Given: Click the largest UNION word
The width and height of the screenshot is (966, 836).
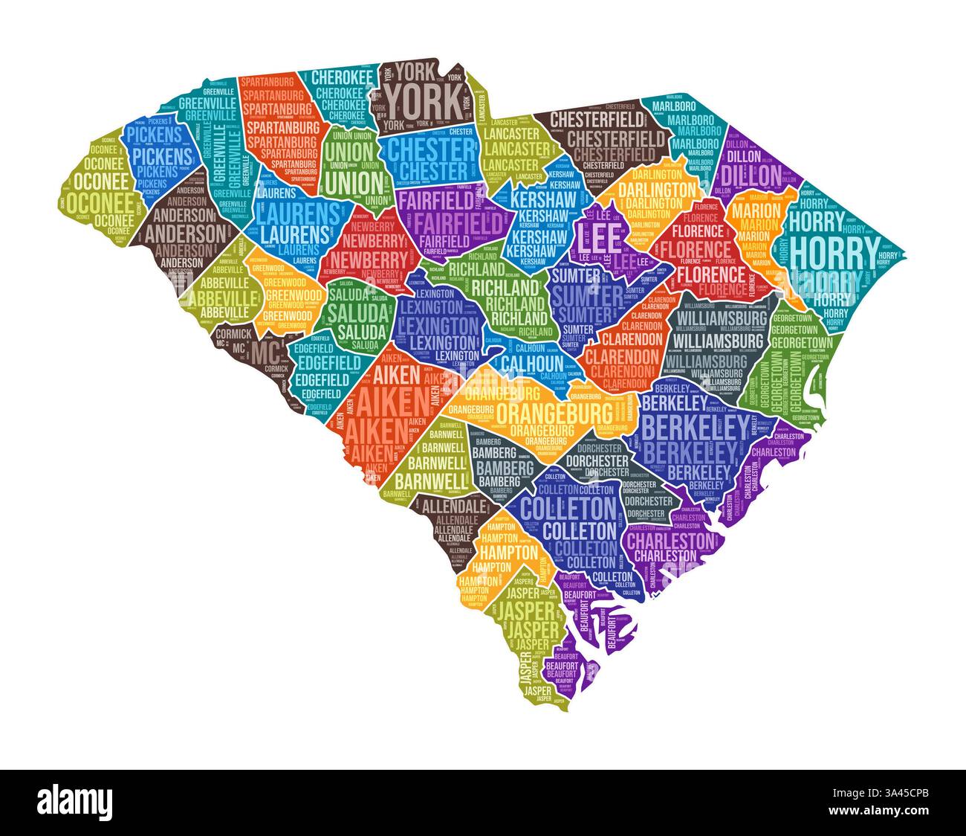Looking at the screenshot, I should (349, 181).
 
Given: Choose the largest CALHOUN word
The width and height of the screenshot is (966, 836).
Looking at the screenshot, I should (532, 362).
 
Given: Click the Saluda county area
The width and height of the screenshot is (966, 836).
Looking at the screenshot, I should (357, 311).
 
